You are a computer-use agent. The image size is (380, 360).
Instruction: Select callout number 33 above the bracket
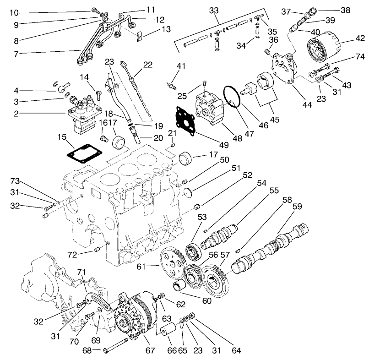[x=213, y=10]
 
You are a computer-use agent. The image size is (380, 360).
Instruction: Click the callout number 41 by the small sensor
[x=182, y=66]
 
